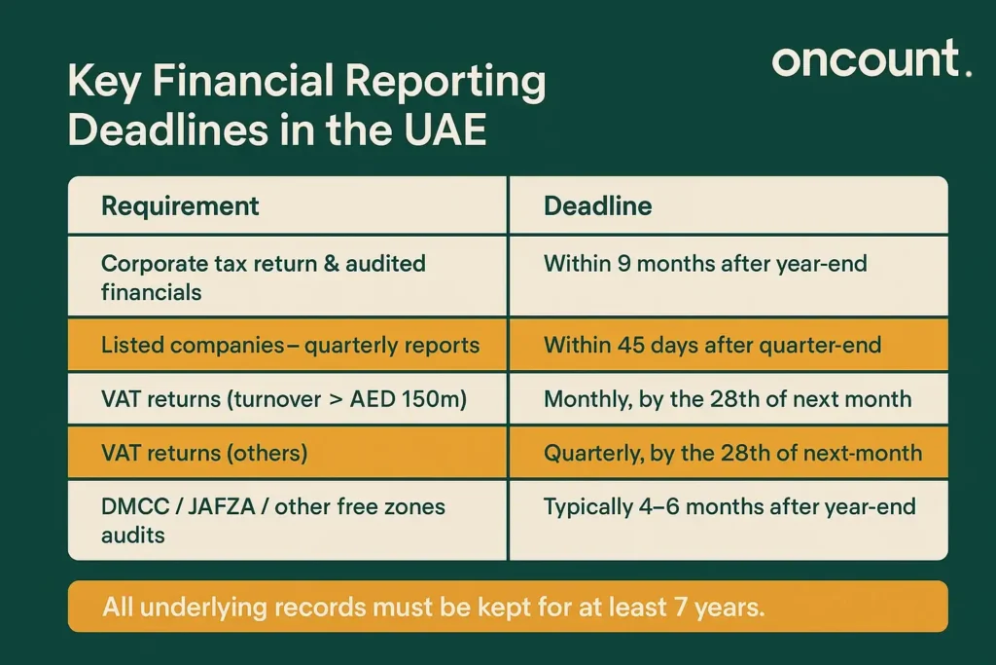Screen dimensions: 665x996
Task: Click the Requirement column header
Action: pyautogui.click(x=180, y=206)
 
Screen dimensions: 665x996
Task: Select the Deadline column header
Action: pyautogui.click(x=597, y=206)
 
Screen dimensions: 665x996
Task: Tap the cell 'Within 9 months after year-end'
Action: pyautogui.click(x=704, y=263)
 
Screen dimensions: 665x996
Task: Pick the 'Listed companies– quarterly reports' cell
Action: pyautogui.click(x=290, y=345)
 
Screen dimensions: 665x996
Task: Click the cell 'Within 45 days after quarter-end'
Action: pyautogui.click(x=712, y=345)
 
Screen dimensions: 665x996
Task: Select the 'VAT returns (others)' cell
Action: pyautogui.click(x=204, y=452)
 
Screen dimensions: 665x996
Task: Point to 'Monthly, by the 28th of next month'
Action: pyautogui.click(x=727, y=398)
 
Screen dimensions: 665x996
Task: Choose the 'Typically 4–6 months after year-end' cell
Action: pyautogui.click(x=729, y=506)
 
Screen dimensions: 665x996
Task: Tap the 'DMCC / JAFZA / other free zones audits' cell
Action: pyautogui.click(x=272, y=520)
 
